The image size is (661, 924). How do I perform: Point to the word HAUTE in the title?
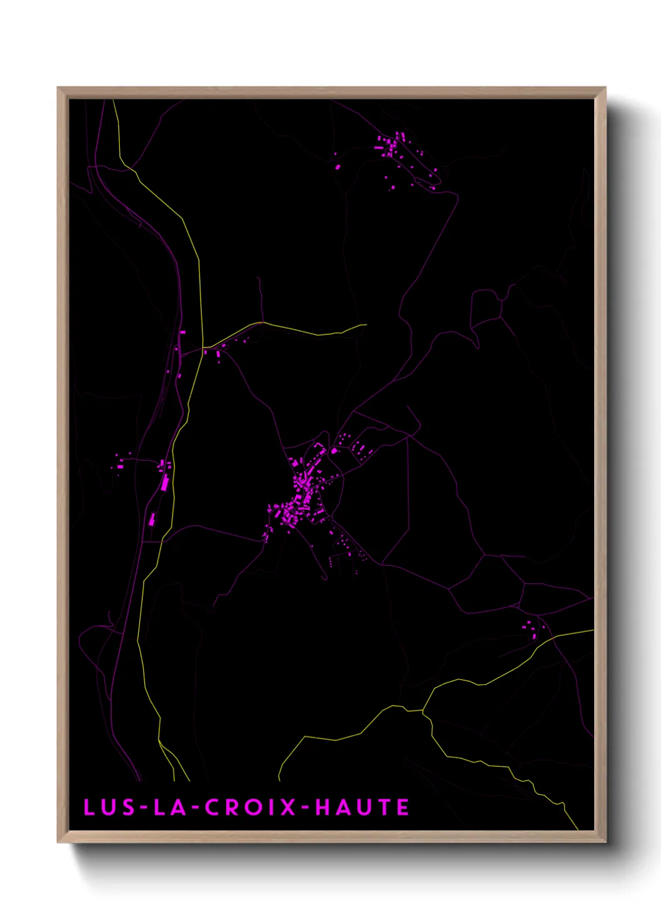[362, 808]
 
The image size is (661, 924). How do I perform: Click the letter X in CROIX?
[288, 808]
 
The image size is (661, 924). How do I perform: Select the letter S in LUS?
[127, 808]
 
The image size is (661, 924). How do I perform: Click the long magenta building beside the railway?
[166, 483]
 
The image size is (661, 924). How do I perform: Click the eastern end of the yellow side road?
[365, 324]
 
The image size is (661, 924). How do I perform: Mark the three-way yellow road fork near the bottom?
[423, 710]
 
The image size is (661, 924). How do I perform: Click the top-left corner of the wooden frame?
[58, 88]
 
